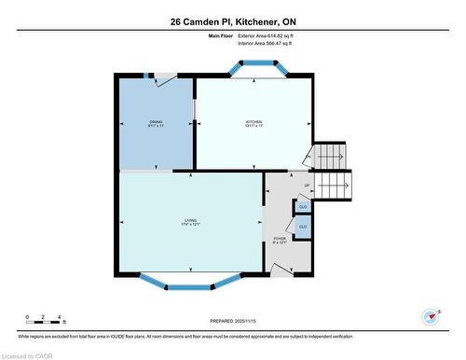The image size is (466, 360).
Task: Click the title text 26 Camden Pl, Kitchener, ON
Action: tap(232, 21)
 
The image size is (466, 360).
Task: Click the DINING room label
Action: tap(156, 124)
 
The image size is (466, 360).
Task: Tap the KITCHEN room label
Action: tap(254, 124)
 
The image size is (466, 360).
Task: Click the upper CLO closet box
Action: tap(303, 206)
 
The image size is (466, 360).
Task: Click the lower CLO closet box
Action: tap(303, 226)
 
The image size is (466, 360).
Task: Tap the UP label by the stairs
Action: tap(307, 186)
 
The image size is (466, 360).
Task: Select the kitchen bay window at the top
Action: tap(254, 68)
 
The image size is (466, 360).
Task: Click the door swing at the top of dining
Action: tap(164, 80)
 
